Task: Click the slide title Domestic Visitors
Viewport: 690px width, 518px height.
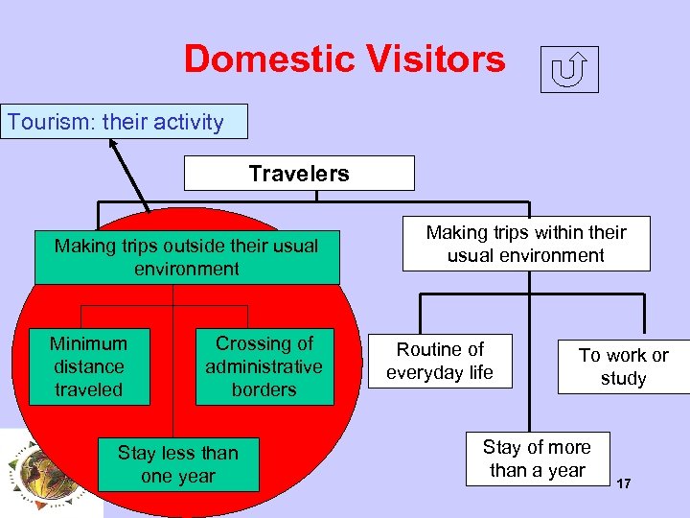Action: coord(344,59)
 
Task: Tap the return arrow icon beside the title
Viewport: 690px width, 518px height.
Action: coord(569,69)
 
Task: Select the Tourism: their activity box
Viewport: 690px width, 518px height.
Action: coord(124,122)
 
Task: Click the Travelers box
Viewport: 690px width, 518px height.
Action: coord(299,174)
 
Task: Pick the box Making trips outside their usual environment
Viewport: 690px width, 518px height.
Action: coord(187,257)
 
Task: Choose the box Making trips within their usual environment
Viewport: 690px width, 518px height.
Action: coord(525,244)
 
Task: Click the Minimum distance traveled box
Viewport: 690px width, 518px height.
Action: coord(88,366)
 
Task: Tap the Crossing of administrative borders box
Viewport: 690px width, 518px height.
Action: coord(264,366)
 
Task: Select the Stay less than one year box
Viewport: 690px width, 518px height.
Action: coord(178,464)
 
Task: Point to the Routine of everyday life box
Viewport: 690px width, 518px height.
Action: coord(440,361)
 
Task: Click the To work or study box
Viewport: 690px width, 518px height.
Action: coord(623,366)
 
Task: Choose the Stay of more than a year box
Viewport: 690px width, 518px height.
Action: coord(537,459)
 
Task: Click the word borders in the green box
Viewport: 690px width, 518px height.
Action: coord(264,389)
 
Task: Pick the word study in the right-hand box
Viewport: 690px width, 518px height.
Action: coord(623,378)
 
